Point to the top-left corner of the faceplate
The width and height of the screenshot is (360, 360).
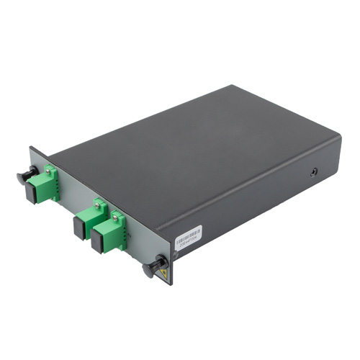point(30,148)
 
